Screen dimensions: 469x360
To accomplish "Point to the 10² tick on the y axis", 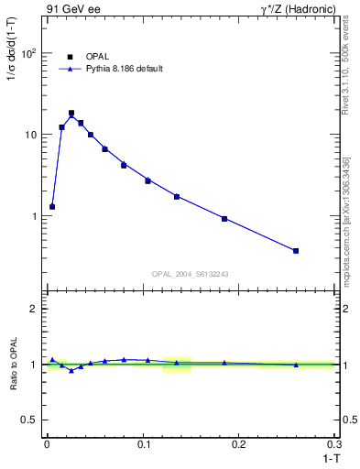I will point(29,53).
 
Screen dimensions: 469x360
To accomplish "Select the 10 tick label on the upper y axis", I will point(31,135).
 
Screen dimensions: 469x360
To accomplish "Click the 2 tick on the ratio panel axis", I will point(34,309).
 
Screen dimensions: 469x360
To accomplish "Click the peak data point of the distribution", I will point(71,114).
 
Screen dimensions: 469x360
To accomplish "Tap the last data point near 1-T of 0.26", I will point(296,250).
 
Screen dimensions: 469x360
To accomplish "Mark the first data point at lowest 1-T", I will point(52,207).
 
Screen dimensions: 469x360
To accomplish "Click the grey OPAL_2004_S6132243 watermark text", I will point(190,274).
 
